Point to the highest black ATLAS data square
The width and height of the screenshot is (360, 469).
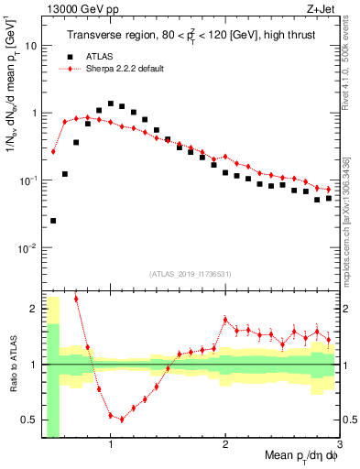111,104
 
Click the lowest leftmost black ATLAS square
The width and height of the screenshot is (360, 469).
53,221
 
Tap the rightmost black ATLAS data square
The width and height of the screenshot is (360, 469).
329,198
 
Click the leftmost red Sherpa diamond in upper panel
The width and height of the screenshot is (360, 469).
53,151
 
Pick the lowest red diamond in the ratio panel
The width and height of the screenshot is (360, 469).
122,420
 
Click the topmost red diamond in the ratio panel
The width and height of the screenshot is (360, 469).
76,299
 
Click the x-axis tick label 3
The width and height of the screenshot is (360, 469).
339,446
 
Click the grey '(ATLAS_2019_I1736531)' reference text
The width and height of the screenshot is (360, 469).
190,274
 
